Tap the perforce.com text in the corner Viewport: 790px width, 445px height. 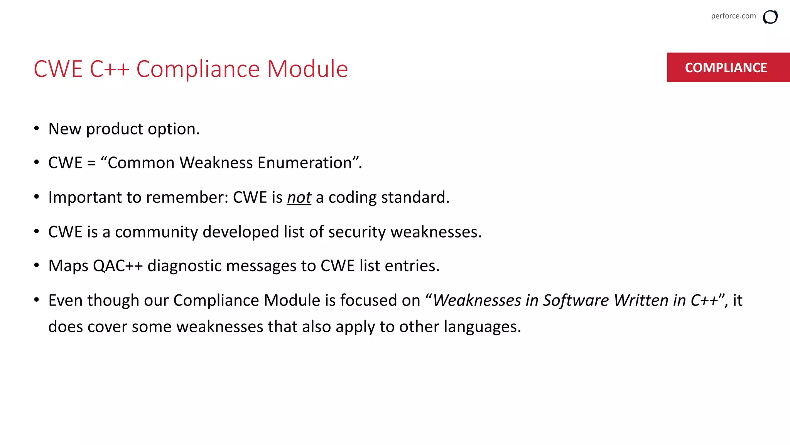(733, 16)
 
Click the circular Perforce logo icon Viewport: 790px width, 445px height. (770, 17)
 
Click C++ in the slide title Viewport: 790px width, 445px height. (109, 69)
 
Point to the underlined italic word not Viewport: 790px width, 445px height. (299, 197)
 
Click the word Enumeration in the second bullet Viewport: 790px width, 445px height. (304, 163)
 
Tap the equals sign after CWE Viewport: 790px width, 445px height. (91, 163)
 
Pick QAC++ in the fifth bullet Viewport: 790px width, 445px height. (118, 266)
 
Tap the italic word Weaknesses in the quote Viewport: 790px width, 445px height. (477, 300)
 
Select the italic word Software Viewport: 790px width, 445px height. (576, 300)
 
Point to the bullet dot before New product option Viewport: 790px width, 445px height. (37, 128)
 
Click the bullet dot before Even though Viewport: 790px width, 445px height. (37, 300)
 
